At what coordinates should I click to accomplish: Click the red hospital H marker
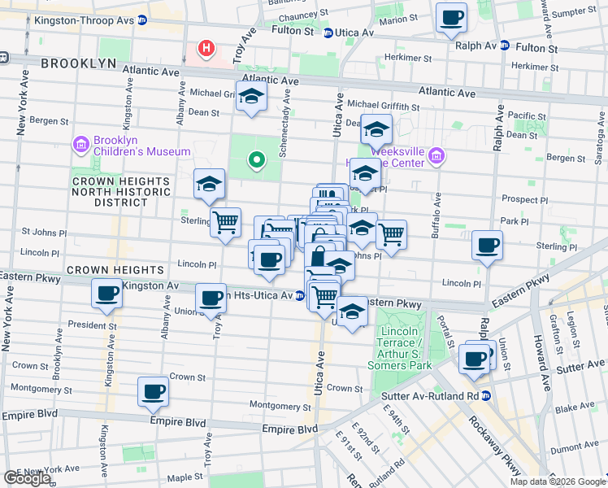206,49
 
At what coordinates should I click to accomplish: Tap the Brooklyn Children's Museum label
142,151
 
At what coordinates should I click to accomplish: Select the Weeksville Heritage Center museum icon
436,155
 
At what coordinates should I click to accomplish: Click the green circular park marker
256,160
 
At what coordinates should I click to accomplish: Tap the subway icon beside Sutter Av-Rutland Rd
486,395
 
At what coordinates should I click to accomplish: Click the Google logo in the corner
27,478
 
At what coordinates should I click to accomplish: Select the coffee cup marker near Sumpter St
451,17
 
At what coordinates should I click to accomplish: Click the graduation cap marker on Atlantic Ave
252,97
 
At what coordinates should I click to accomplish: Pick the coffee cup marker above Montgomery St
153,392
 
